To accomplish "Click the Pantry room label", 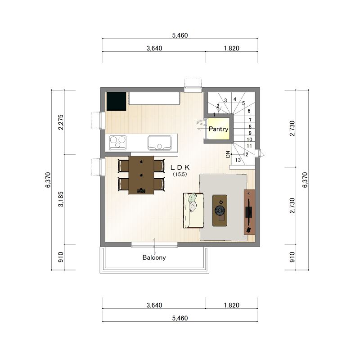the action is tap(218, 129).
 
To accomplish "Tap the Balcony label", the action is tap(154, 257).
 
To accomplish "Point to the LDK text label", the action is tap(180, 167).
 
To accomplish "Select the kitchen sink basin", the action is tap(160, 143).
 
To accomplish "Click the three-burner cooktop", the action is tap(118, 143).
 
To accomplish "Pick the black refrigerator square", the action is tap(116, 102).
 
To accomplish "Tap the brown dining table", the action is tap(141, 175).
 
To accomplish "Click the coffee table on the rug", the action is tap(220, 211).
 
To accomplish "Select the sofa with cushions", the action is tap(193, 211).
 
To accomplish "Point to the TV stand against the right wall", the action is tap(249, 212).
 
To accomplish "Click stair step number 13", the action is tap(238, 160).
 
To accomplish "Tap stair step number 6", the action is tap(249, 111).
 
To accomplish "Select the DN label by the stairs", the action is tap(228, 154).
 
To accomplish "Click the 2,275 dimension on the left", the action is tap(61, 122).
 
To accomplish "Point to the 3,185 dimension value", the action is tap(61, 199).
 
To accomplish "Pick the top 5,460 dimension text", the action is tap(180, 36).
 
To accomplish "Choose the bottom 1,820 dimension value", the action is tap(231, 305).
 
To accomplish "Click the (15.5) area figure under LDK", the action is tap(180, 174).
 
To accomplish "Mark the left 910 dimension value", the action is tap(61, 257).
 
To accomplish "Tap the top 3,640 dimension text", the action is tap(154, 48).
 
